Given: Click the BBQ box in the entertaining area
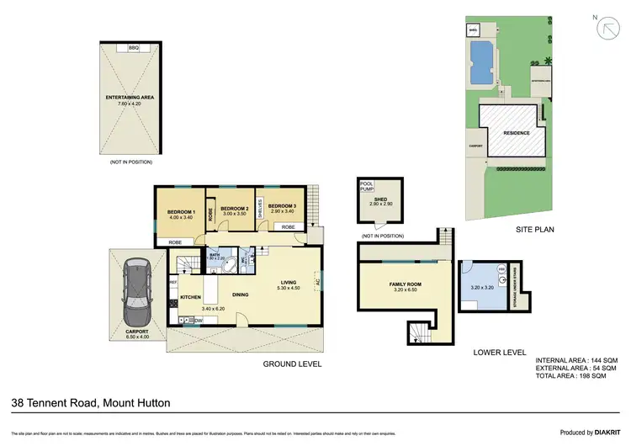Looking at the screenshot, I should (x=133, y=48).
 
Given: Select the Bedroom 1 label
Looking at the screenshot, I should (x=181, y=211).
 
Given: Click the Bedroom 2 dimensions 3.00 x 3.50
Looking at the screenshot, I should (x=234, y=215).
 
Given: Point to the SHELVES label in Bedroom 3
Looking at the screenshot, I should (x=261, y=207).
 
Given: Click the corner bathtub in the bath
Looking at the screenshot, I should (x=226, y=268).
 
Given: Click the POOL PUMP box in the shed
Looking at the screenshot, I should (x=366, y=188).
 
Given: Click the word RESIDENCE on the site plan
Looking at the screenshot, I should (x=516, y=133).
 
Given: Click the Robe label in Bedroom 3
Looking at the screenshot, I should (x=288, y=227).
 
